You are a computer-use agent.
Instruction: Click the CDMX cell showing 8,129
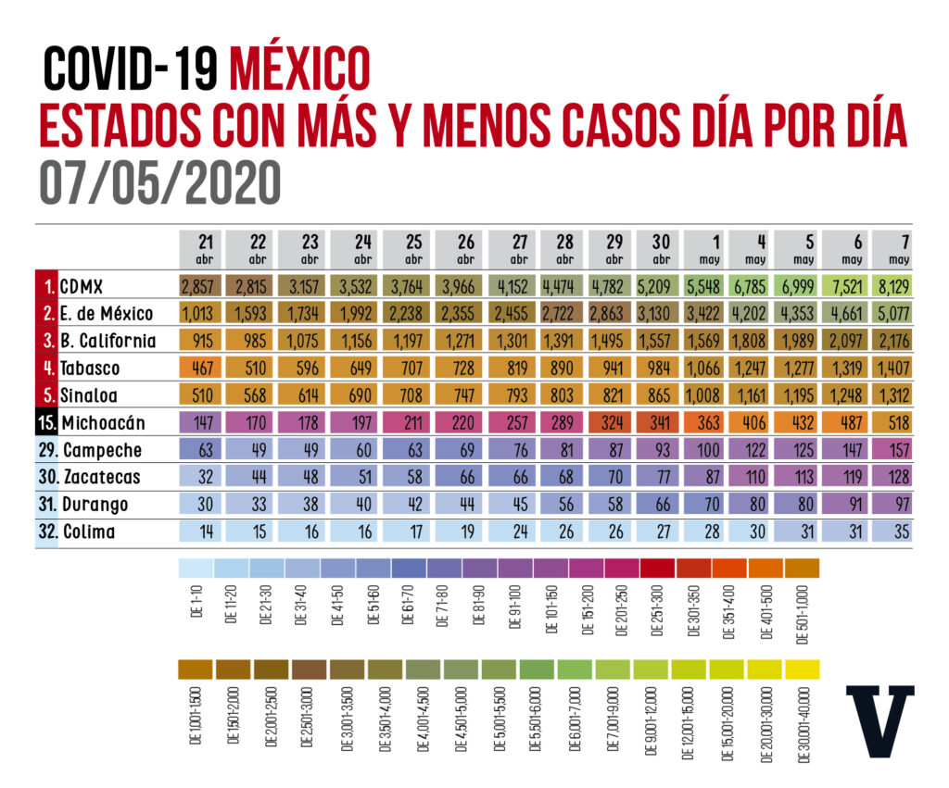pos(891,284)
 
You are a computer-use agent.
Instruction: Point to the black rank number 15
pos(46,424)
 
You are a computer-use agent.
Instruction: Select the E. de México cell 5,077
pos(891,312)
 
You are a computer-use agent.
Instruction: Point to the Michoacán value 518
pos(891,424)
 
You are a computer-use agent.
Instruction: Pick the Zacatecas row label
pos(102,478)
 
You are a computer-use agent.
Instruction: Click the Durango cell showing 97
pos(891,505)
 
